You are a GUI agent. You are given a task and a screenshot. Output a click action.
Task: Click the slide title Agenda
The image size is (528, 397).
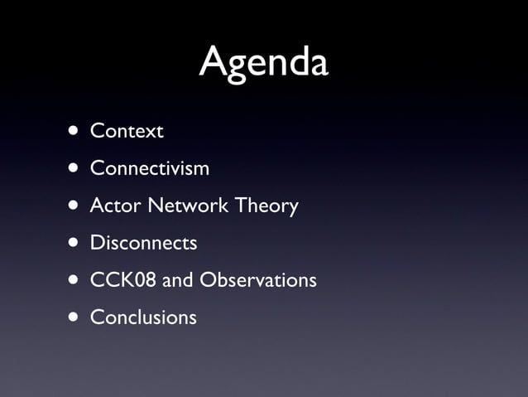coord(263,63)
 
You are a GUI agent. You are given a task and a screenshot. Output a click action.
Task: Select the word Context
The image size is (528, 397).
coord(127,131)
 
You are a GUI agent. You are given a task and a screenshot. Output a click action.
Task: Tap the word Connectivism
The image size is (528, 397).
coord(149,168)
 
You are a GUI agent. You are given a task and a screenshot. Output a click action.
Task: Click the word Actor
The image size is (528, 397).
coord(115,206)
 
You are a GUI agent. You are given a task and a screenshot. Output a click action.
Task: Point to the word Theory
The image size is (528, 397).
coord(266,206)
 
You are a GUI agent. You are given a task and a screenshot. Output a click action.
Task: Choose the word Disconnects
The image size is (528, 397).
coord(143,243)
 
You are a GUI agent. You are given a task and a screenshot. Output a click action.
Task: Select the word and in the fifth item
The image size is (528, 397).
coord(177,280)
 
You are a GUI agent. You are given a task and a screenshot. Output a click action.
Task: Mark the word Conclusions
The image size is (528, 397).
coord(143,317)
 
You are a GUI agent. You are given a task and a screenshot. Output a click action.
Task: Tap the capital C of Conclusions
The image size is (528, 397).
coord(96,317)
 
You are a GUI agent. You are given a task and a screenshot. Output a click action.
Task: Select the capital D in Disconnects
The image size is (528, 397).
coord(97,243)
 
